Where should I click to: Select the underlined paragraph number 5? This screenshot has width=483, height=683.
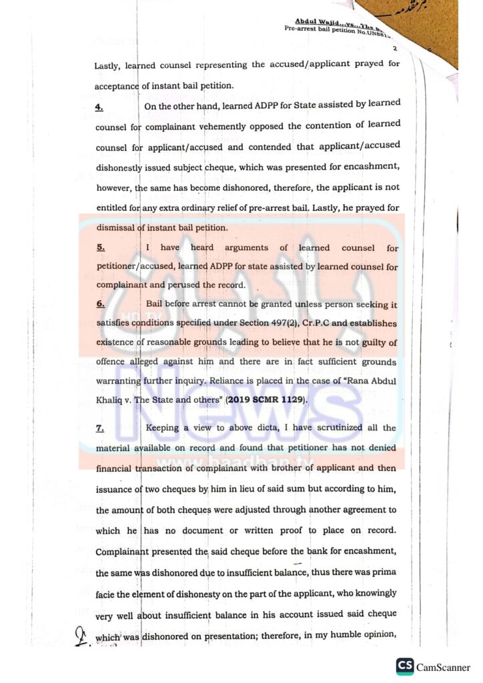pos(100,247)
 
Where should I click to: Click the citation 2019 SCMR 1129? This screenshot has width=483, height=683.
pos(266,400)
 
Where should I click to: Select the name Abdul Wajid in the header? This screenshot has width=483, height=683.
pos(316,21)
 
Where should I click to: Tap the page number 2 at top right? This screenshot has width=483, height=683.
pos(395,49)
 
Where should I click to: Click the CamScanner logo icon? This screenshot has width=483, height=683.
pos(404,666)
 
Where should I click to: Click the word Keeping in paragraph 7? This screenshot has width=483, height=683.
pos(163,428)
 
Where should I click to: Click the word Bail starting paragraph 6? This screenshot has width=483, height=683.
pos(155,305)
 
